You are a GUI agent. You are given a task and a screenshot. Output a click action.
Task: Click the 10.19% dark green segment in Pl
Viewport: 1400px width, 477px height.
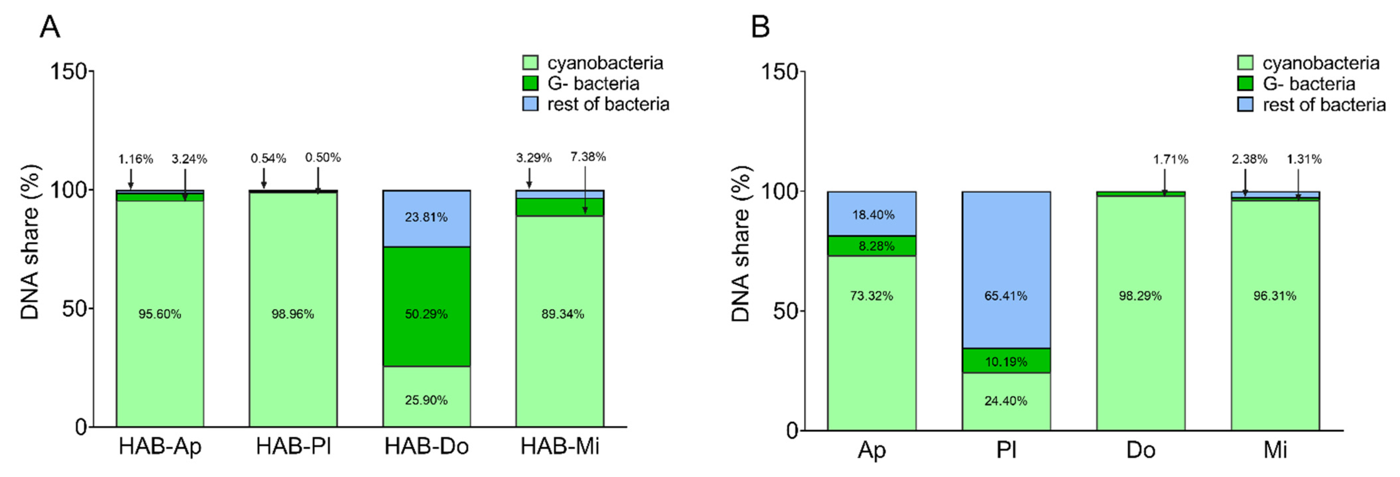coord(1006,361)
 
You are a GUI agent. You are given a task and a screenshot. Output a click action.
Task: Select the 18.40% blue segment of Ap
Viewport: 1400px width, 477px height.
coord(872,215)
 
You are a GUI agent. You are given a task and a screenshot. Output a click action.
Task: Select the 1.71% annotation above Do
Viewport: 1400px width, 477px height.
coord(1171,159)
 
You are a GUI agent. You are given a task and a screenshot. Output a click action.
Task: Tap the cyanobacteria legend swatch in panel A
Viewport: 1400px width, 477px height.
coord(530,63)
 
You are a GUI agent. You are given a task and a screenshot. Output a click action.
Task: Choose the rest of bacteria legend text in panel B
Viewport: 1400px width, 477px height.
coord(1324,104)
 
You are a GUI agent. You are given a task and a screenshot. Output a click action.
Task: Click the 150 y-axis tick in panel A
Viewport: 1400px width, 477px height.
coord(69,71)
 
